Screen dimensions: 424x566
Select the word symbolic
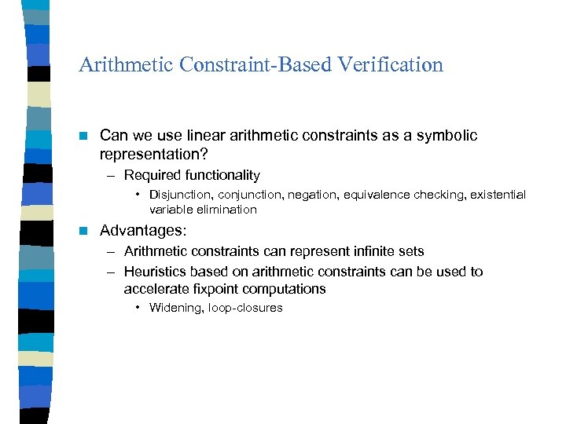tap(447, 135)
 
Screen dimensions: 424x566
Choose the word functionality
tap(222, 175)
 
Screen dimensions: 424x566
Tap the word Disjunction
tap(182, 195)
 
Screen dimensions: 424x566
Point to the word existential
tap(498, 195)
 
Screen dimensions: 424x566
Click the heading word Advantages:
tap(143, 231)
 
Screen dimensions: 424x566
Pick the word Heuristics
tap(155, 272)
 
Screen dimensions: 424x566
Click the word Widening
tap(176, 308)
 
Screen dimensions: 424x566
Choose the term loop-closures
tap(245, 308)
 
